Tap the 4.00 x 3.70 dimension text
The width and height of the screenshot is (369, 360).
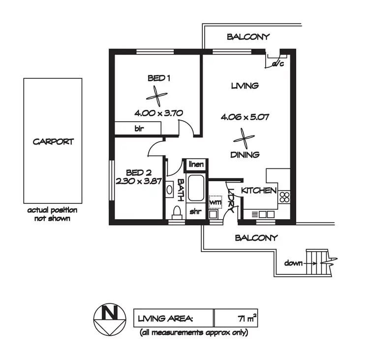click(x=158, y=113)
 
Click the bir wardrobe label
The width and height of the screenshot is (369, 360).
click(x=139, y=128)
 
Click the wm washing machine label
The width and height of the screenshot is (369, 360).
click(x=215, y=202)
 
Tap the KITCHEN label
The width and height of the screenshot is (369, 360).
click(x=259, y=191)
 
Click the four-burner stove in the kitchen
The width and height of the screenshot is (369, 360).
click(x=284, y=197)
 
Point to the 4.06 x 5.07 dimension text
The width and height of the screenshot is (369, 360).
click(x=245, y=117)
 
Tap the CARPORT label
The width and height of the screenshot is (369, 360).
click(x=53, y=141)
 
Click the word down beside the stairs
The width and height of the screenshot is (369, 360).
click(x=293, y=263)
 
